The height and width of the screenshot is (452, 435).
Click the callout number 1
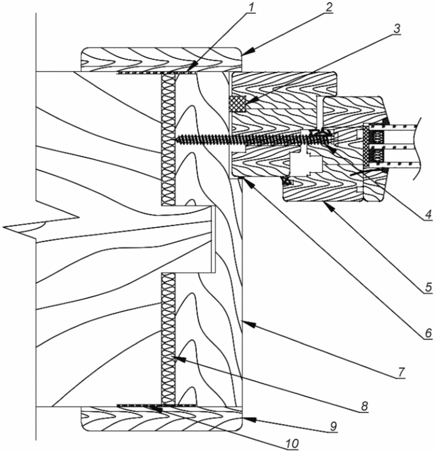coord(252,8)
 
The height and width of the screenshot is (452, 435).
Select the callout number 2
coord(328,8)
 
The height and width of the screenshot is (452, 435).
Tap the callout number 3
coord(397,29)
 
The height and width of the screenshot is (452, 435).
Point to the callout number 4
coord(428,214)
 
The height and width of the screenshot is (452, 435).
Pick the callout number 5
coord(428,287)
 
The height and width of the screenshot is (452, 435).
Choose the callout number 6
coord(428,333)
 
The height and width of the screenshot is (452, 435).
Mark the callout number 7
coord(402,372)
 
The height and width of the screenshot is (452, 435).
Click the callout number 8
coord(364,406)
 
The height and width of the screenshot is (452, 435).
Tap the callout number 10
coord(292,444)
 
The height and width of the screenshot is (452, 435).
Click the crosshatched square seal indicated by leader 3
coord(237,104)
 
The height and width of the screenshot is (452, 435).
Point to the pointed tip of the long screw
coord(176,139)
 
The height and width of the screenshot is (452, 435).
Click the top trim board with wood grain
coord(161,60)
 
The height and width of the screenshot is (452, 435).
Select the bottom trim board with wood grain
coord(161,419)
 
